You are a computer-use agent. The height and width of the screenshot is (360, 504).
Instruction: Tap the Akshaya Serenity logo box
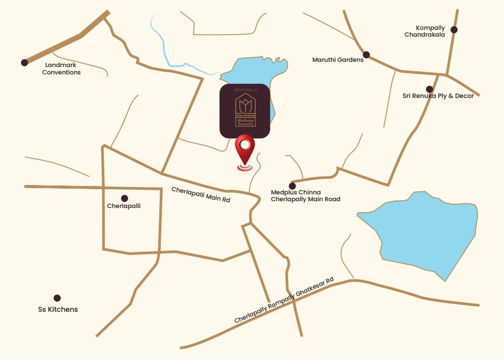tap(245, 111)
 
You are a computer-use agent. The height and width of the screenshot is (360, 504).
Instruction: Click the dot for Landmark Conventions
tap(24, 63)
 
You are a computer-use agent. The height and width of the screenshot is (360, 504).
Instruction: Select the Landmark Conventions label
tap(61, 69)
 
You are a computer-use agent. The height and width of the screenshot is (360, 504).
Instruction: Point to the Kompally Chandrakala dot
tap(454, 30)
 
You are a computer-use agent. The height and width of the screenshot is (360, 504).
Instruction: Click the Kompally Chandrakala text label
tap(424, 31)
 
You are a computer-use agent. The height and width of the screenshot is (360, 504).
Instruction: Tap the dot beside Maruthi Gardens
tap(367, 54)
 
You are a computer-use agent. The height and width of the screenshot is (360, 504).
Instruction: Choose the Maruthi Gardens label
tap(338, 60)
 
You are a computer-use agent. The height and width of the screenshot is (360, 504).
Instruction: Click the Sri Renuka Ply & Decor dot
tap(430, 89)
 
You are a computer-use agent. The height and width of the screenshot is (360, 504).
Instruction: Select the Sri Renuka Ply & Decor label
tap(438, 96)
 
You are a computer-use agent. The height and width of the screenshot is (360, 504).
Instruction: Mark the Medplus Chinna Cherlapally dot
tap(292, 186)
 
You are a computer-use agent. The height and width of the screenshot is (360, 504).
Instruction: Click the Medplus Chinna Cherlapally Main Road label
tap(305, 195)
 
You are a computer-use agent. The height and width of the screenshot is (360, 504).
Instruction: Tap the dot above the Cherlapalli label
tap(125, 198)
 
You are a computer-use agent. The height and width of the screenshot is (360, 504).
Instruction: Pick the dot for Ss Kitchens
tap(57, 298)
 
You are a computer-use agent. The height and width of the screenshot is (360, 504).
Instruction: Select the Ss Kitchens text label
tap(58, 310)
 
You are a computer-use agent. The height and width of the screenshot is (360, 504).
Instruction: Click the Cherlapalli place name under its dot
tap(124, 206)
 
